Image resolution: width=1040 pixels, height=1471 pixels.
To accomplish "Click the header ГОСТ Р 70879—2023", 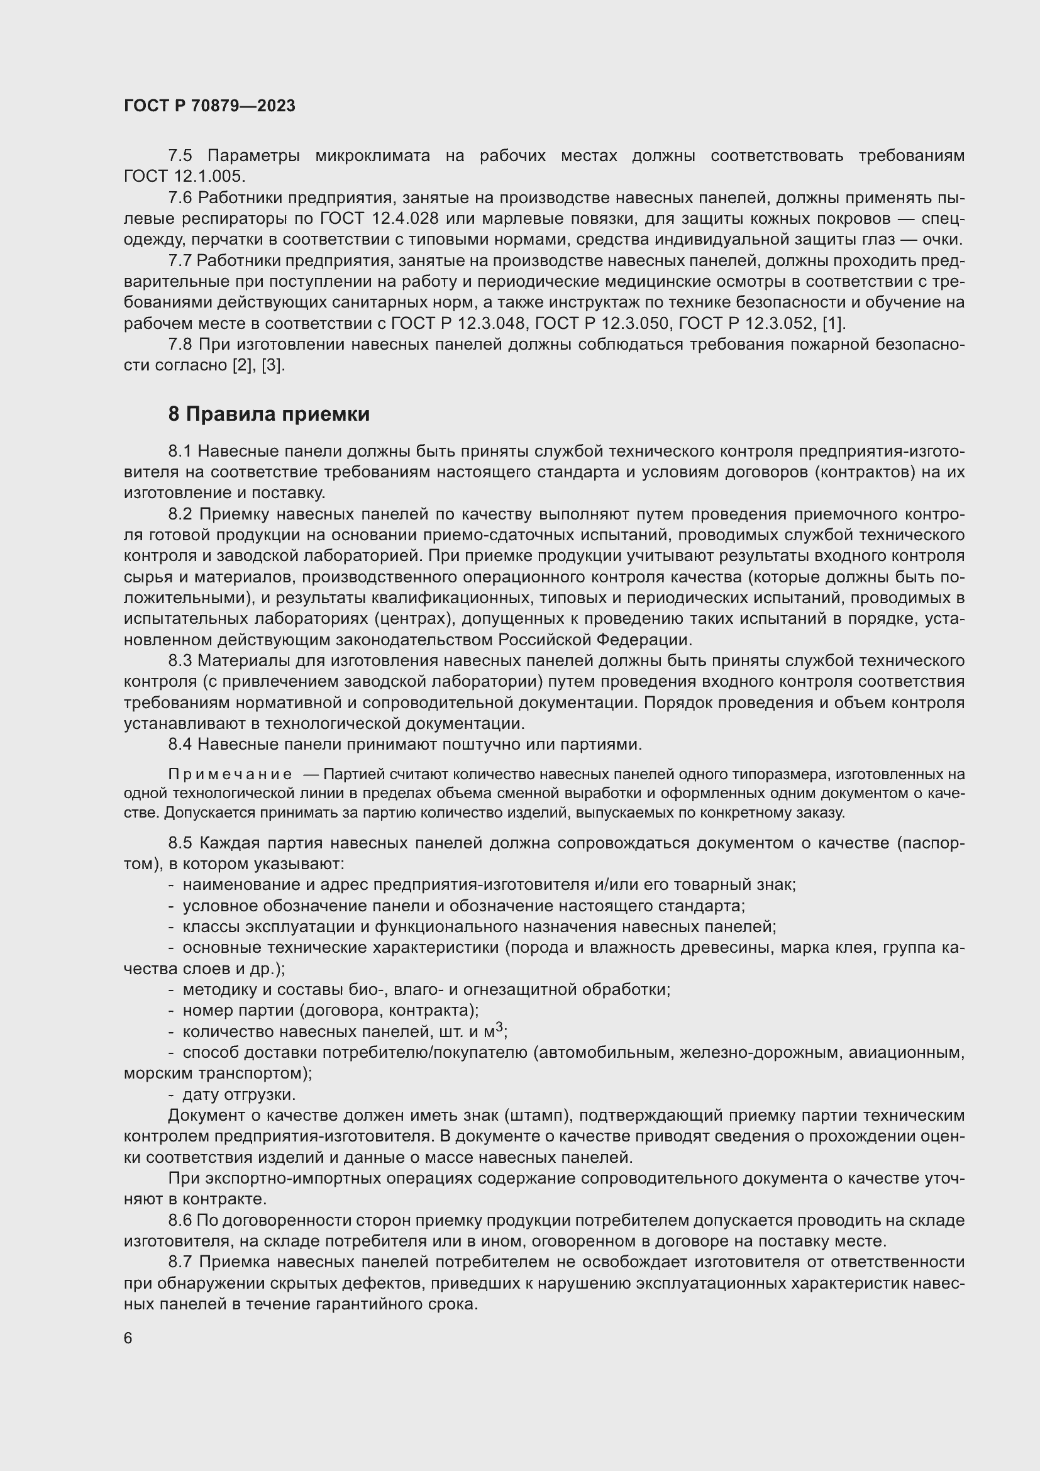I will pyautogui.click(x=209, y=106).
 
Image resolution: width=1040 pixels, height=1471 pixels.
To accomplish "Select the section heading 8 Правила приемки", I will pyautogui.click(x=268, y=414).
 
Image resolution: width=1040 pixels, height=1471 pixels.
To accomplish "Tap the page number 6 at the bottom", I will pyautogui.click(x=128, y=1338).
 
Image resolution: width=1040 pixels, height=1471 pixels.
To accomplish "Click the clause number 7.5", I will pyautogui.click(x=180, y=156).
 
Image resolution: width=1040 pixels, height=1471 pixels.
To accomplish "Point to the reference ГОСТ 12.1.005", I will pyautogui.click(x=184, y=176).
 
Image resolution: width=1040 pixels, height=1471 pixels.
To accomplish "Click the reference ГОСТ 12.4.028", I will pyautogui.click(x=379, y=218).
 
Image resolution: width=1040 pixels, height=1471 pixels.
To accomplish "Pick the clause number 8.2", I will pyautogui.click(x=180, y=514).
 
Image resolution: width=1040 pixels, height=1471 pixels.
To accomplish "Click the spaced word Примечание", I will pyautogui.click(x=230, y=775).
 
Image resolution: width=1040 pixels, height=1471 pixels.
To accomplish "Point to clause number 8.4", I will pyautogui.click(x=180, y=745).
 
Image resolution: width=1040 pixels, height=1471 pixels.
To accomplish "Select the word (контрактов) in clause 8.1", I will pyautogui.click(x=864, y=472).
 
